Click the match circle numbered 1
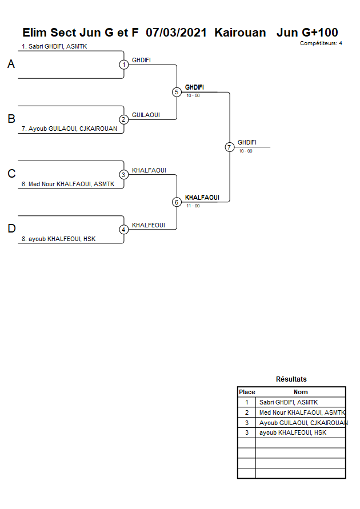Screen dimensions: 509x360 (x=124, y=65)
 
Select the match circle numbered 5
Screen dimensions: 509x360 (x=177, y=92)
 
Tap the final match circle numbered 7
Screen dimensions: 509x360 (x=229, y=147)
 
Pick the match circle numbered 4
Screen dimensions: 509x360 (x=124, y=230)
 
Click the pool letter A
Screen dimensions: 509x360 (x=11, y=65)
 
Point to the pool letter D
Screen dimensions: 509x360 (x=11, y=229)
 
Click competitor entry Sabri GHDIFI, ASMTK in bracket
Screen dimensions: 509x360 (x=54, y=46)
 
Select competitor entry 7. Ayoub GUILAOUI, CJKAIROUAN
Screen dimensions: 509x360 (x=69, y=129)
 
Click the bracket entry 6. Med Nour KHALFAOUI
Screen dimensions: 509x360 (x=68, y=184)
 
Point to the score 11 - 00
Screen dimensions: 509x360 (x=193, y=206)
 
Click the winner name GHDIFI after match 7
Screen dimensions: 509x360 (x=247, y=142)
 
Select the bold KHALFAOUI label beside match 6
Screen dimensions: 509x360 (x=202, y=198)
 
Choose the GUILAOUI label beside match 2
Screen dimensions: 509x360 (x=146, y=115)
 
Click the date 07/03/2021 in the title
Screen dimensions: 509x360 (x=176, y=33)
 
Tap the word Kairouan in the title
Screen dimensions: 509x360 (x=240, y=33)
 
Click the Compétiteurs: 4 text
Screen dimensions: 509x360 (x=321, y=43)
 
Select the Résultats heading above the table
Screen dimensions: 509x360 (x=291, y=379)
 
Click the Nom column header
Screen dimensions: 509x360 (x=301, y=392)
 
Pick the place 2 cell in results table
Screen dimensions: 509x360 (x=247, y=412)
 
